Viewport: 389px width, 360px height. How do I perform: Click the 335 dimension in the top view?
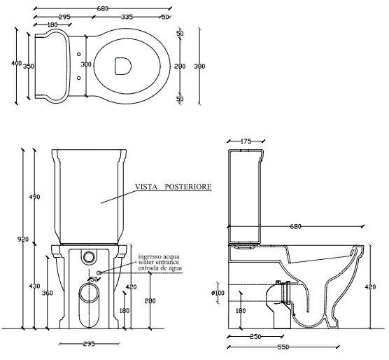[127, 17]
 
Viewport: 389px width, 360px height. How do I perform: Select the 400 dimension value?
[16, 63]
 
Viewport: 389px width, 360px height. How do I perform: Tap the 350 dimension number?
[29, 67]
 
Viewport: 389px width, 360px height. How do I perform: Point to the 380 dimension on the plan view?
[199, 67]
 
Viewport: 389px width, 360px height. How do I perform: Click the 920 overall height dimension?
[23, 240]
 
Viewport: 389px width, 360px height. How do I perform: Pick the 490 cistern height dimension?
[34, 197]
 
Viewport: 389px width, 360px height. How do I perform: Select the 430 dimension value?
[34, 286]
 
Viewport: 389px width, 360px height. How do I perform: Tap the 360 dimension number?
[48, 293]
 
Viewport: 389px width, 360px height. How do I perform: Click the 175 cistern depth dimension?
[246, 141]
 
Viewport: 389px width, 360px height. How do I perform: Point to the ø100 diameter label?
[218, 293]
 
